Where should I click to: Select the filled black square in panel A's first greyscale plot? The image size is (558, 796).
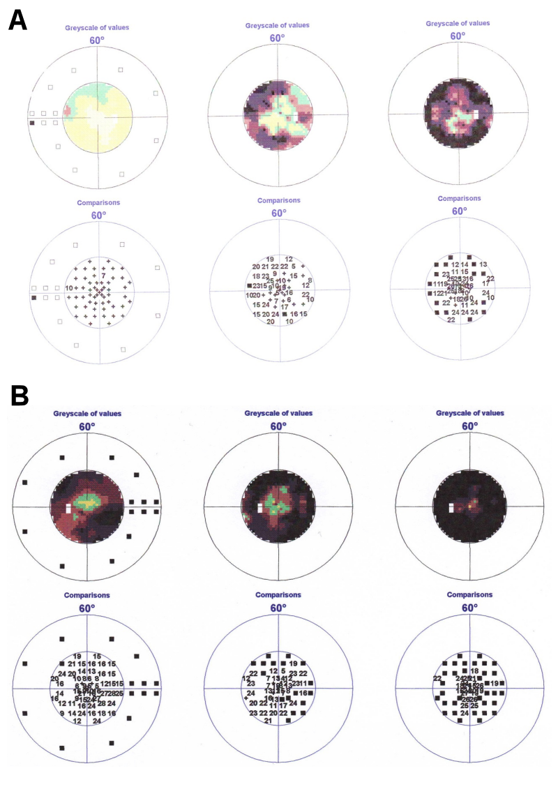tap(32, 123)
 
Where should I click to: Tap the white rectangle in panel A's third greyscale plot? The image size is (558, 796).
tap(476, 113)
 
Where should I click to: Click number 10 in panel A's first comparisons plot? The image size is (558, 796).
tap(69, 288)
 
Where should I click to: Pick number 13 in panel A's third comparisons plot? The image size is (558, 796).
tap(483, 264)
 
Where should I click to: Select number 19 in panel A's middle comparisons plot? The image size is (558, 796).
tap(269, 260)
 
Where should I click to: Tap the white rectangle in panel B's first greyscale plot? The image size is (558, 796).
tap(68, 509)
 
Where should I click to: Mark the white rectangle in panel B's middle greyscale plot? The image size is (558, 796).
tap(259, 509)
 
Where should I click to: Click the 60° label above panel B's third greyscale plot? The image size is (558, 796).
tap(470, 426)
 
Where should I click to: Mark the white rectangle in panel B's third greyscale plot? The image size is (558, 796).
tap(451, 507)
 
